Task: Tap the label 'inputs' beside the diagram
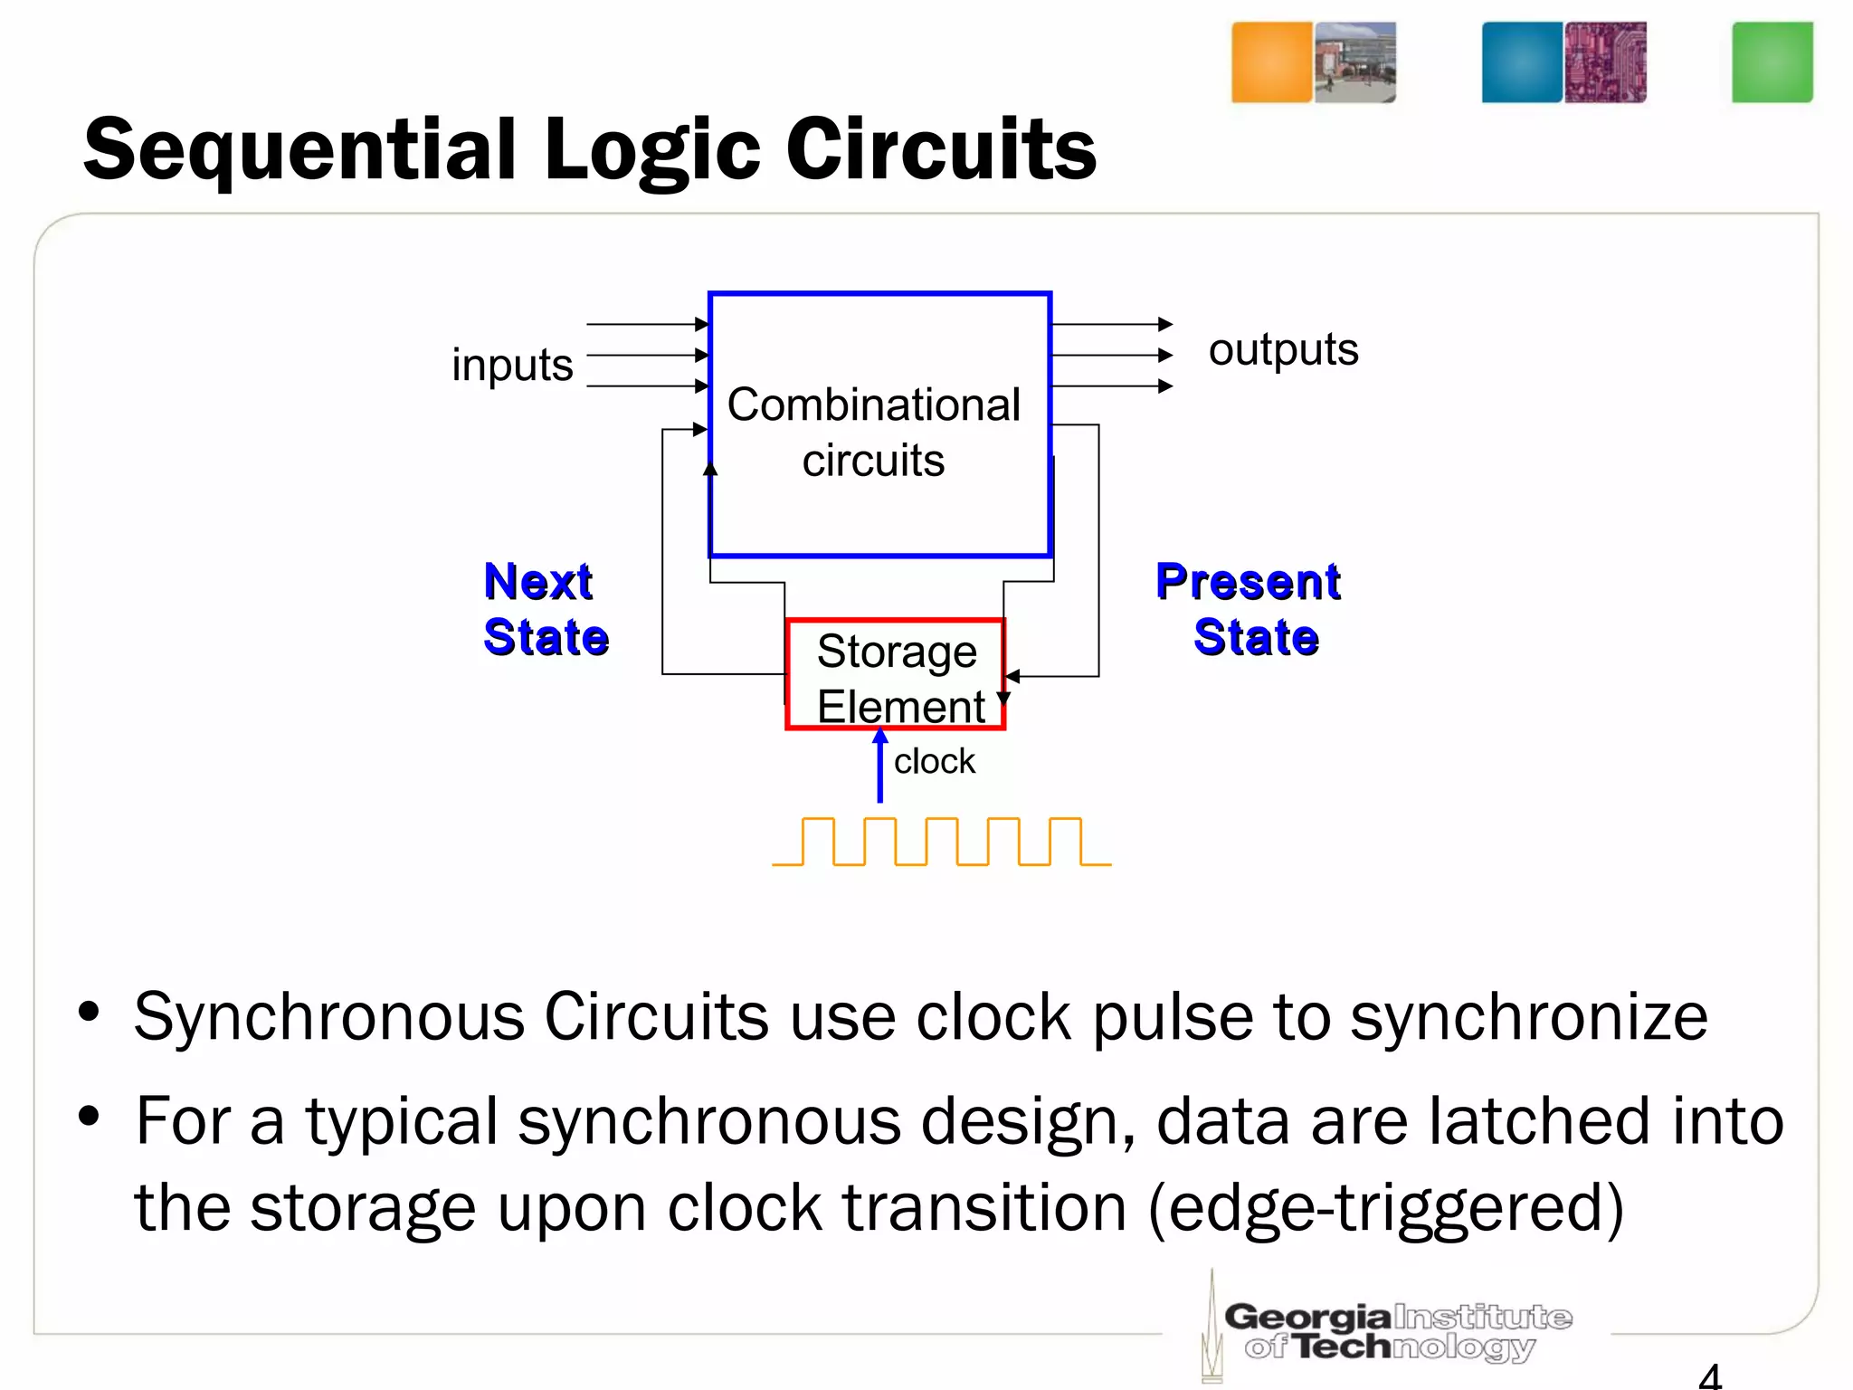pyautogui.click(x=512, y=365)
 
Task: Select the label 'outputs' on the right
pyautogui.click(x=1283, y=349)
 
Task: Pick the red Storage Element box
pyautogui.click(x=895, y=674)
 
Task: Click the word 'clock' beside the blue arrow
pyautogui.click(x=935, y=762)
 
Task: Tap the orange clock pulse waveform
pyautogui.click(x=941, y=842)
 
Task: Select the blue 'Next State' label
pyautogui.click(x=546, y=608)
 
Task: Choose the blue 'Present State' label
pyautogui.click(x=1249, y=608)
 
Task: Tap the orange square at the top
pyautogui.click(x=1271, y=62)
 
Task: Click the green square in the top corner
pyautogui.click(x=1772, y=62)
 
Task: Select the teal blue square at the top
pyautogui.click(x=1521, y=62)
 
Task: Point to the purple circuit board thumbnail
pyautogui.click(x=1605, y=62)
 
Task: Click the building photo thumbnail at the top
pyautogui.click(x=1354, y=62)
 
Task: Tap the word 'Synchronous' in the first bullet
pyautogui.click(x=329, y=1018)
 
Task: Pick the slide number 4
pyautogui.click(x=1709, y=1376)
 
